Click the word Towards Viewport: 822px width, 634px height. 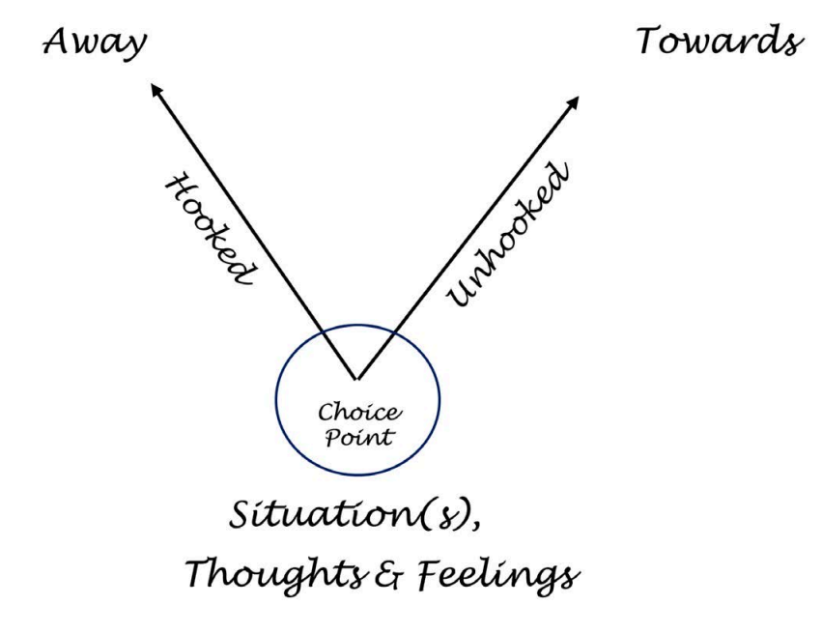coord(720,42)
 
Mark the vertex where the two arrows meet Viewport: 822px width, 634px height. coord(356,378)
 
